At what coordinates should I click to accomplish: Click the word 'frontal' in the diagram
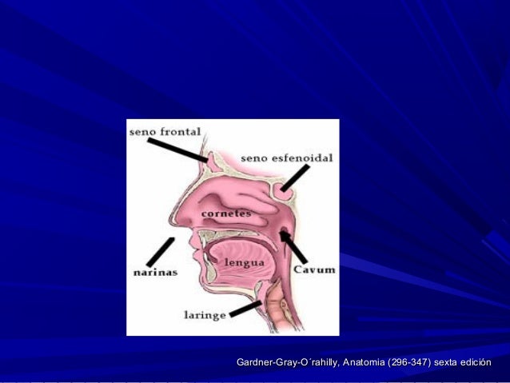[181, 131]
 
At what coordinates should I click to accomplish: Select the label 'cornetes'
[226, 213]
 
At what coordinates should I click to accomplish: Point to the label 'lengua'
[245, 262]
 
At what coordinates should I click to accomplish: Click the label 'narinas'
[155, 272]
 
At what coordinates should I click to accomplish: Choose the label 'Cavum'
[314, 269]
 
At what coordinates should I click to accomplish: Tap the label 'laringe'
[205, 315]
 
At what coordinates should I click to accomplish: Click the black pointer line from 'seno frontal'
[177, 150]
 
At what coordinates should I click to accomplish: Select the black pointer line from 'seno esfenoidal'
[295, 178]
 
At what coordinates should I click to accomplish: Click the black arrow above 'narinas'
[161, 252]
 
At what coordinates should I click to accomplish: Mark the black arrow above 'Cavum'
[293, 246]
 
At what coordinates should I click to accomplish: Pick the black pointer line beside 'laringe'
[245, 309]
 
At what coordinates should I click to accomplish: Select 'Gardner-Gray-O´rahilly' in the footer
[289, 362]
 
